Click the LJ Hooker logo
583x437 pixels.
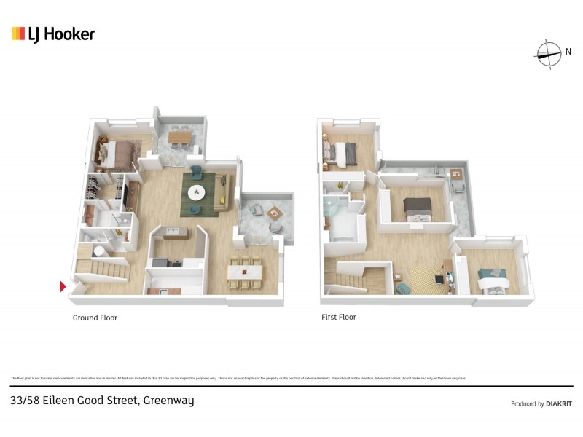[52, 34]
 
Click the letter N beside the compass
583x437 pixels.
[568, 51]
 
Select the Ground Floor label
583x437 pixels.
[95, 318]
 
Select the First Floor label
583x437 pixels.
[338, 318]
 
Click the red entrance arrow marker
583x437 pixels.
[63, 286]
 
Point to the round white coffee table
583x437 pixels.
[197, 193]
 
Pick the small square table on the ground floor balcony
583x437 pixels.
[274, 213]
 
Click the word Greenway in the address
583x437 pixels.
[168, 401]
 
